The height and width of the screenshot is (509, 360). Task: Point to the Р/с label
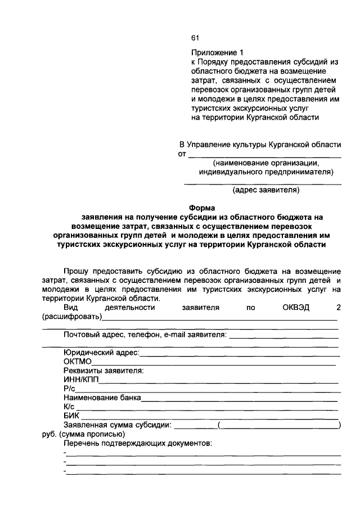pyautogui.click(x=69, y=388)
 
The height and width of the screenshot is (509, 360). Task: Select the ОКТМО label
pyautogui.click(x=77, y=361)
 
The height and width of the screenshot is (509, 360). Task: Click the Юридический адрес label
pyautogui.click(x=101, y=352)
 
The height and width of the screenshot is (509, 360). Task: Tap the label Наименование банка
pyautogui.click(x=102, y=397)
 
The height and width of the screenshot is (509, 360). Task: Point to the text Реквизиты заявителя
pyautogui.click(x=103, y=370)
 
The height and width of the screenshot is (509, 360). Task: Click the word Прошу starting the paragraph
pyautogui.click(x=76, y=272)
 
